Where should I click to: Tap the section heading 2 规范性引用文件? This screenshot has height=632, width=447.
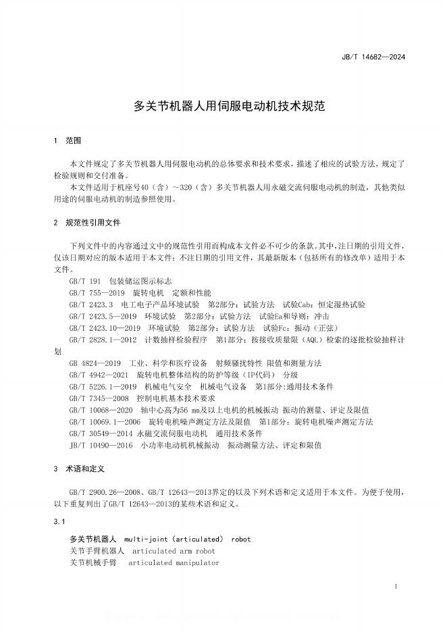86,222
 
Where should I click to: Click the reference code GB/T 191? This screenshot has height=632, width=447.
84,281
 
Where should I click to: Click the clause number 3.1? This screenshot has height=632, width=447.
59,522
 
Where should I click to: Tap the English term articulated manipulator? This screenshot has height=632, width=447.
174,563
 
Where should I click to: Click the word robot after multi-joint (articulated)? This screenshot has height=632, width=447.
241,539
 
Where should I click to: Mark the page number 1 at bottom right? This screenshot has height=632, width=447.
395,587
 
